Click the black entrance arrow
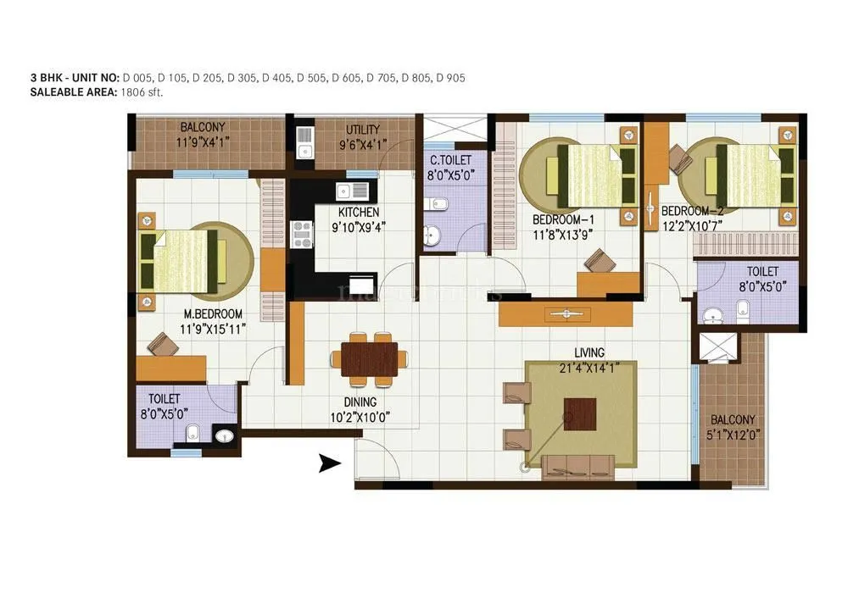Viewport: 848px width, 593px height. pos(329,463)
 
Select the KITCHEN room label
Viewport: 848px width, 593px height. pos(359,212)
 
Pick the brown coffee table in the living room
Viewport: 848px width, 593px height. pos(580,414)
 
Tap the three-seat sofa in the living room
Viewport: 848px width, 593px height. pos(577,464)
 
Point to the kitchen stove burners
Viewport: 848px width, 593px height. pos(301,233)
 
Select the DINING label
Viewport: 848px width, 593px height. pos(360,402)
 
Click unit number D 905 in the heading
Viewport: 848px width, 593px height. pos(450,78)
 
